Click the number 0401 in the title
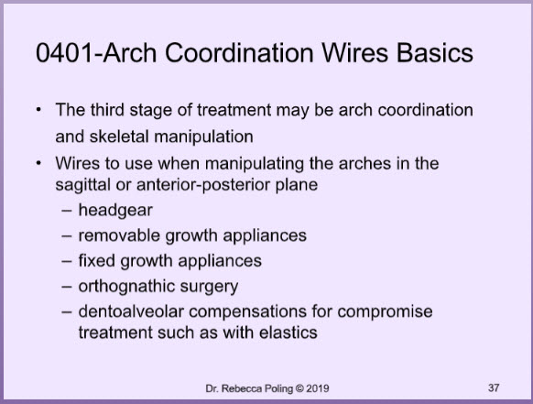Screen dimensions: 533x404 [x=64, y=53]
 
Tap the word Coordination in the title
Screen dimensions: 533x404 [x=239, y=53]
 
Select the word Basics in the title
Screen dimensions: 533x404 [x=435, y=53]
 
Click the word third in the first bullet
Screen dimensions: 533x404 [x=107, y=110]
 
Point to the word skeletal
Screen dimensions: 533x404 [x=119, y=136]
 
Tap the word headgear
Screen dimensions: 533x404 [x=115, y=211]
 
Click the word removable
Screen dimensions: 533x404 [x=119, y=235]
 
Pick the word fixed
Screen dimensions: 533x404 [x=96, y=261]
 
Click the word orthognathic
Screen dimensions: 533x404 [x=126, y=287]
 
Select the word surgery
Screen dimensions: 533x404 [x=209, y=287]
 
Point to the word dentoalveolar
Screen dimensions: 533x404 [x=131, y=311]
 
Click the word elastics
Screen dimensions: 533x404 [x=288, y=333]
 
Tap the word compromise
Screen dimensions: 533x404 [x=385, y=312]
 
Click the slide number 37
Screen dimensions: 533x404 [x=494, y=388]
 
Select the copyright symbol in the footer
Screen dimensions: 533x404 [x=299, y=388]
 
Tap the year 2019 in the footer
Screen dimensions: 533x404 [x=318, y=388]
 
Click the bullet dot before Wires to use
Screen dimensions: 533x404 [x=39, y=164]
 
